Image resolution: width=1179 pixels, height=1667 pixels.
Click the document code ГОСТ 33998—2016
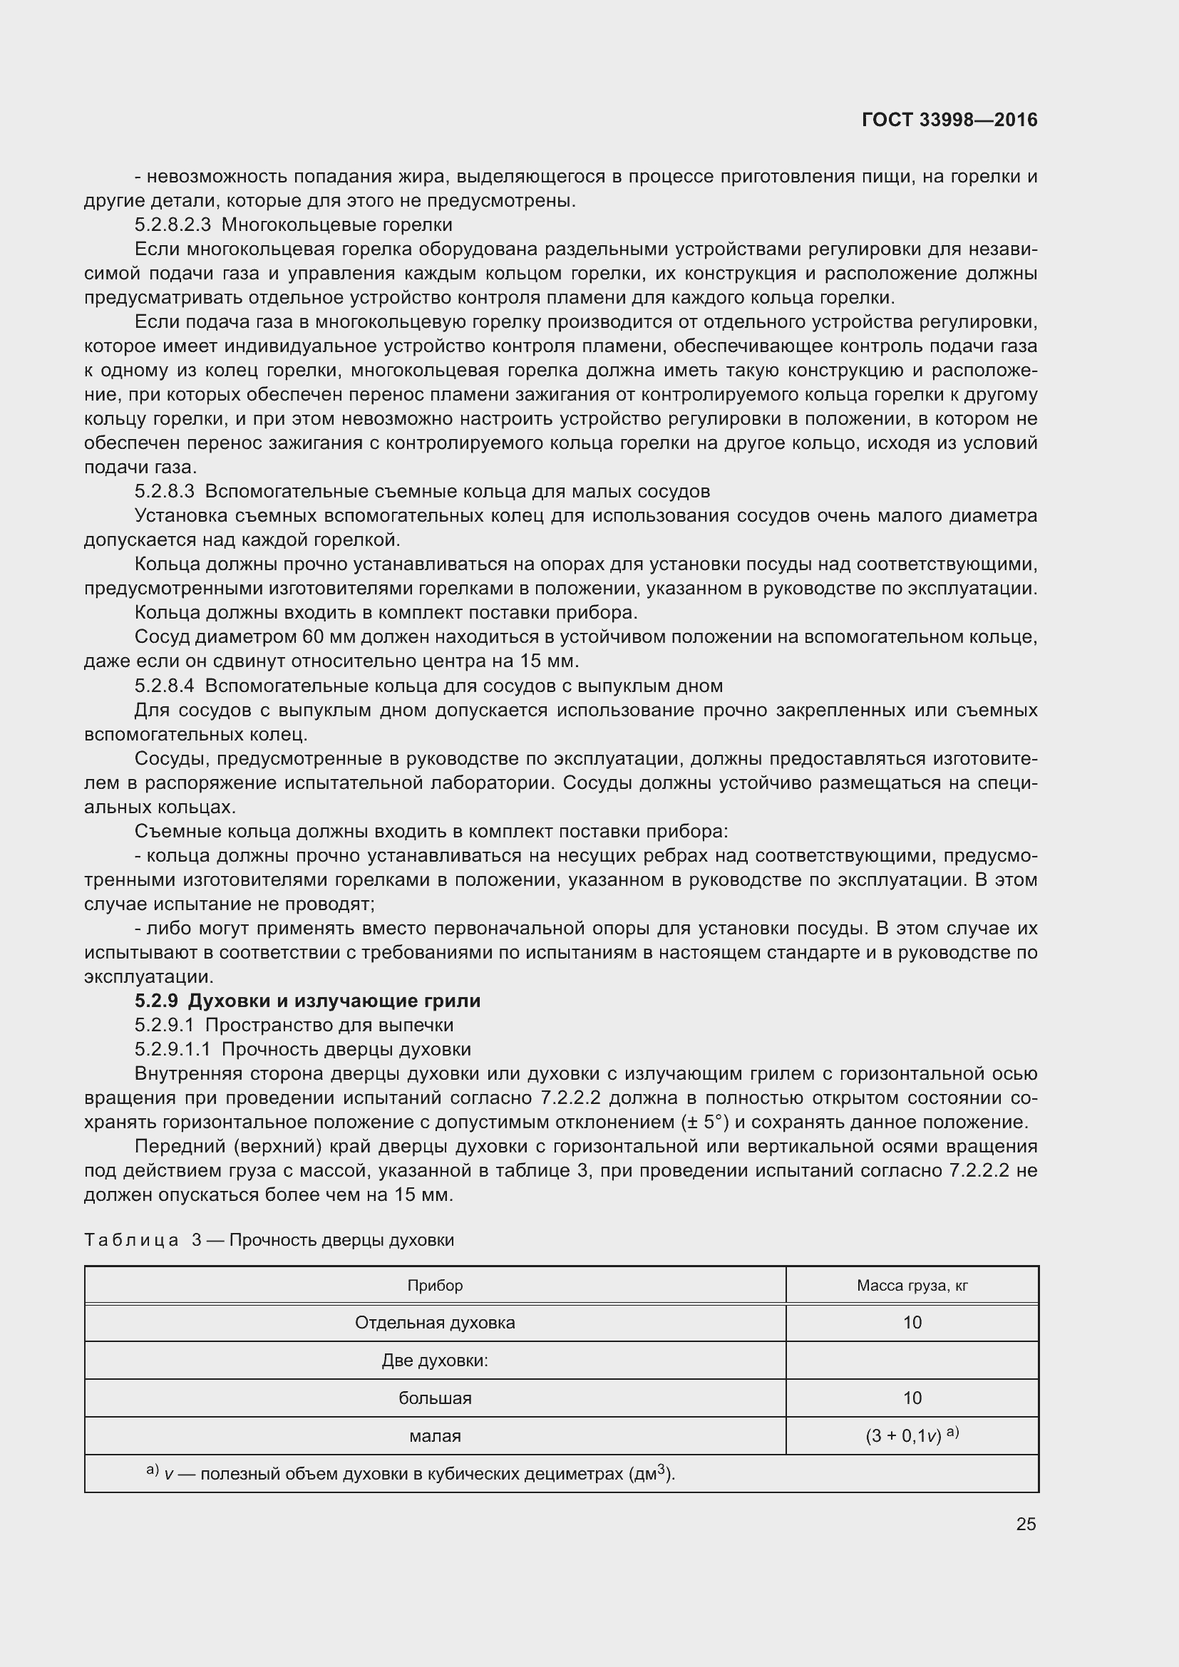coord(949,120)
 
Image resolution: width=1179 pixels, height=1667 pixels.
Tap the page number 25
coord(1026,1524)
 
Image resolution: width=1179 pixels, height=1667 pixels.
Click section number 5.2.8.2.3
coord(172,225)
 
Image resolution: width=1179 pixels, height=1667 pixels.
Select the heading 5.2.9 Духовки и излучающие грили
coord(307,1001)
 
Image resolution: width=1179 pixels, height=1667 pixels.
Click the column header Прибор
coord(435,1285)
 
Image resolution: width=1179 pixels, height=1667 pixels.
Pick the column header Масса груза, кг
coord(912,1285)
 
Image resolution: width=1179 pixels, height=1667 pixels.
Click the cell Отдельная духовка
coord(435,1322)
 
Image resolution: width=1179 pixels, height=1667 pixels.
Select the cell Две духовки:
coord(435,1360)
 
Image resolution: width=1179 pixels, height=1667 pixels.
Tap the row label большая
coord(435,1398)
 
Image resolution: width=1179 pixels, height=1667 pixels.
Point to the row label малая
coord(435,1435)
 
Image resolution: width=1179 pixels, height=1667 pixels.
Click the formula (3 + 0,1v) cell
coord(912,1435)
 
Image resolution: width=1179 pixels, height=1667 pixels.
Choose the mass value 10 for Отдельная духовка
coord(912,1322)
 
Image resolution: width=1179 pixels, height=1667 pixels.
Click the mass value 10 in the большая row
coord(912,1398)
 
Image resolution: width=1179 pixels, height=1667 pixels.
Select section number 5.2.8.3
coord(164,492)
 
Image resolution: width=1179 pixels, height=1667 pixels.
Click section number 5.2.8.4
coord(164,686)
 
